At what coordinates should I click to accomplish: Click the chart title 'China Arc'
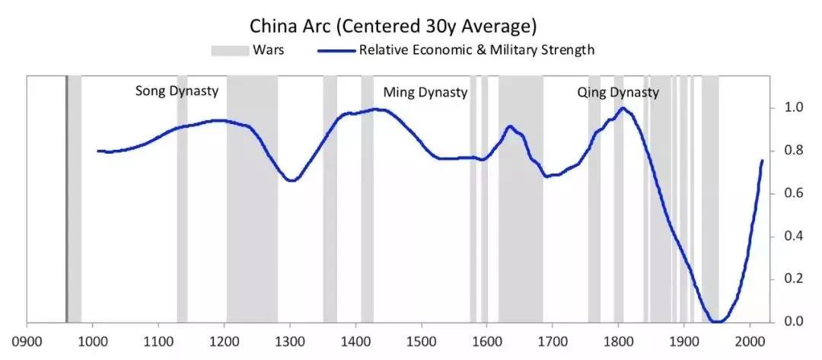pyautogui.click(x=394, y=26)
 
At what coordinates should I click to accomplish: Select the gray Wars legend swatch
pyautogui.click(x=230, y=51)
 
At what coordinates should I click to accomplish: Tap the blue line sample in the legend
pyautogui.click(x=333, y=51)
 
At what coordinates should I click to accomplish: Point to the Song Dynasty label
pyautogui.click(x=177, y=91)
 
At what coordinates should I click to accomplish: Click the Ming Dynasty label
pyautogui.click(x=425, y=93)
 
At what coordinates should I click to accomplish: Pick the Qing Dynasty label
pyautogui.click(x=618, y=93)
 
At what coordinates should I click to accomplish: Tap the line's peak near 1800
pyautogui.click(x=623, y=108)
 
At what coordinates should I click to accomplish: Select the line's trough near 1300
pyautogui.click(x=292, y=180)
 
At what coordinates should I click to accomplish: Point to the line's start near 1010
pyautogui.click(x=98, y=151)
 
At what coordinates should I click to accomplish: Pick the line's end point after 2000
pyautogui.click(x=762, y=161)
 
